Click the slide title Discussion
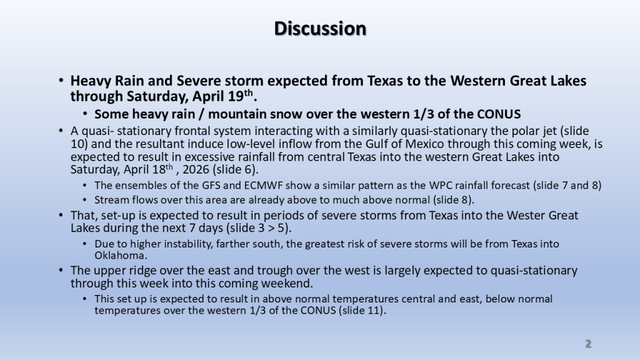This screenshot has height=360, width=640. [x=320, y=29]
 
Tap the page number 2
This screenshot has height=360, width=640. [x=588, y=344]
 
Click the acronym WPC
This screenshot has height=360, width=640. [x=441, y=185]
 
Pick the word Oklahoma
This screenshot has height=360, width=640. [x=121, y=256]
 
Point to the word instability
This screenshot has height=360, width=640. [x=186, y=244]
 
